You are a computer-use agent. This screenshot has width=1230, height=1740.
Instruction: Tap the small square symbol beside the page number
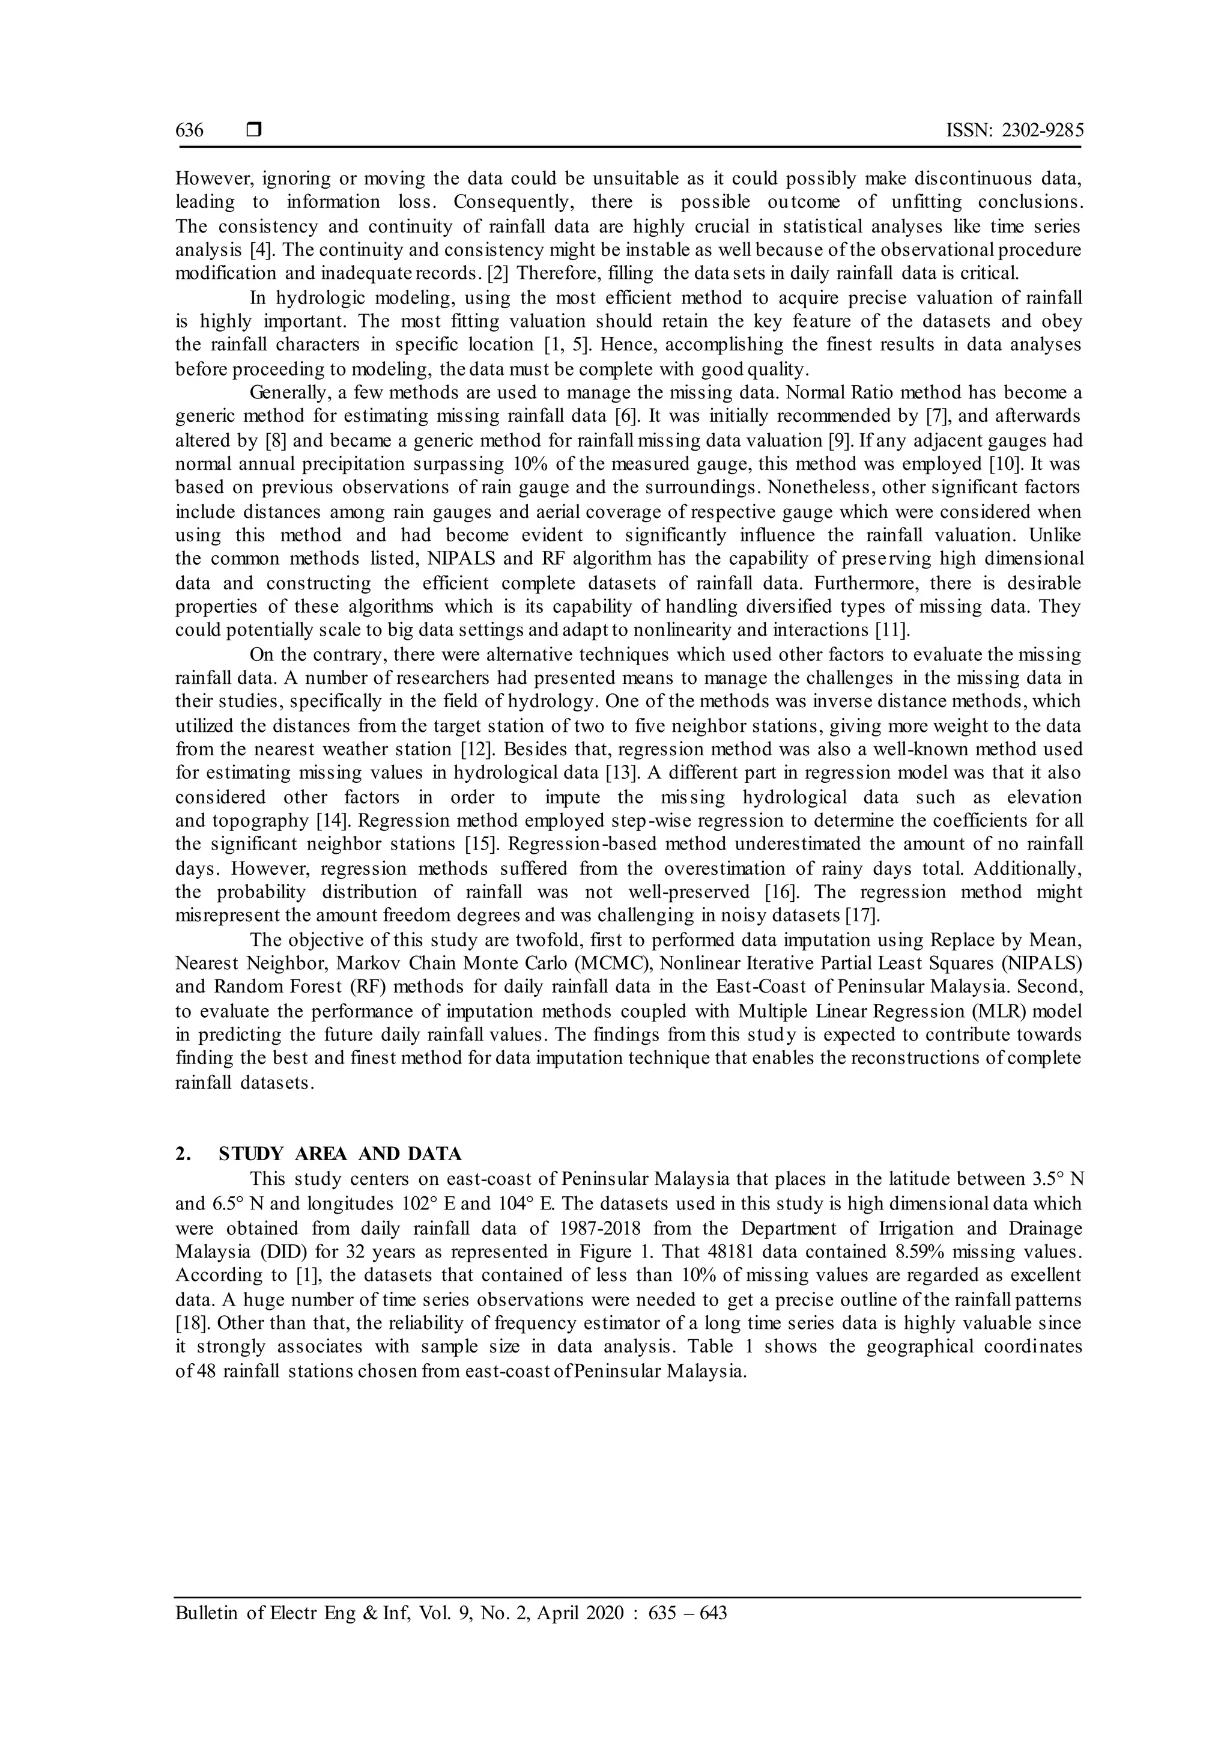coord(253,130)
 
